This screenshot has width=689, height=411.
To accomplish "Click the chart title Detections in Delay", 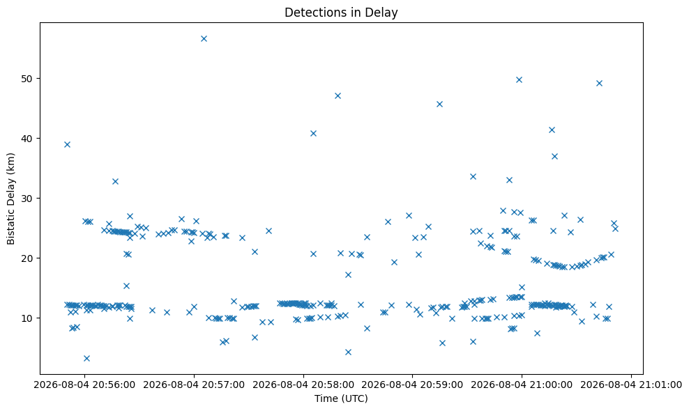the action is [x=341, y=13].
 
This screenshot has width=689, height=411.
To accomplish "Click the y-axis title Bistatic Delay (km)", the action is [x=11, y=199].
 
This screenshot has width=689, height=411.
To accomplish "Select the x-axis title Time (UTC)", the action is [x=341, y=398].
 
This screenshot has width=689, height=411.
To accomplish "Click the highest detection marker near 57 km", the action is [x=204, y=38].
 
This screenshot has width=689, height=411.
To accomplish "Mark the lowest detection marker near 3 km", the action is [x=86, y=358].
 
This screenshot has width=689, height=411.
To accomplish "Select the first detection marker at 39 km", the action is [x=67, y=144].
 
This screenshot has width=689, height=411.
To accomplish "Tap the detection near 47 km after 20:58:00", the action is [x=338, y=95].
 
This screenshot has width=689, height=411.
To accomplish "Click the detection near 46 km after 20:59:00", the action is [x=439, y=104].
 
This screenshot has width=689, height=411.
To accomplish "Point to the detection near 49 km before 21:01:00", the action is [x=599, y=83].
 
